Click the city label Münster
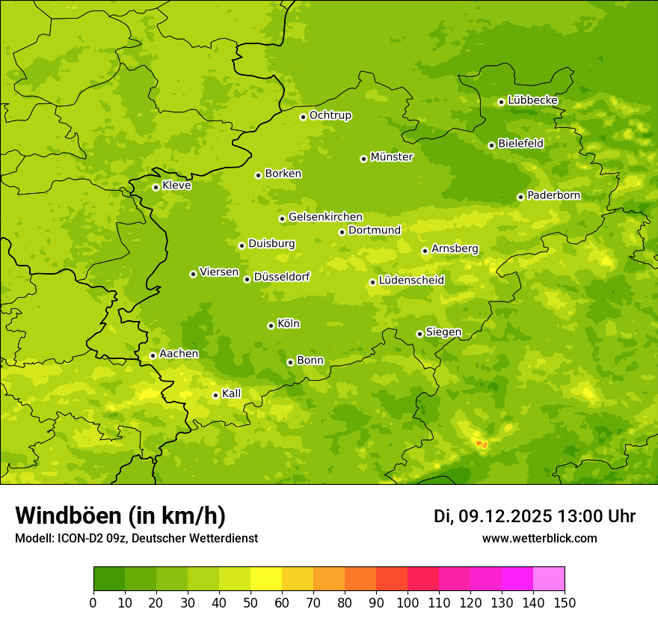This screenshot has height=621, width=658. tap(392, 157)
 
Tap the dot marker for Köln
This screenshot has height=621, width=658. tap(271, 325)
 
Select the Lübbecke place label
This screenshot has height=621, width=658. tap(532, 100)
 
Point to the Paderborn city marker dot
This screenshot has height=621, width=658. tap(520, 197)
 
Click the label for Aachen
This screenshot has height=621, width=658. tap(179, 354)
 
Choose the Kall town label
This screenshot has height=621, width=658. tap(231, 394)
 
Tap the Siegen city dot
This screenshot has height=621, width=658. tap(419, 334)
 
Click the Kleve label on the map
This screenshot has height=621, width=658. tap(176, 186)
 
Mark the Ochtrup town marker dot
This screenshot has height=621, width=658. tap(303, 117)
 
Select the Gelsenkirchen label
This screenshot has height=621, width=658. tap(325, 217)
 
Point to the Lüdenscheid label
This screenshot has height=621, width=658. tap(411, 281)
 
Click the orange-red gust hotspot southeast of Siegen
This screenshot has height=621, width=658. tap(481, 444)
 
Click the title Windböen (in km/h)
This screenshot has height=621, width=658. tap(120, 516)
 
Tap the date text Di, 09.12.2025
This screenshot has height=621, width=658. tap(493, 516)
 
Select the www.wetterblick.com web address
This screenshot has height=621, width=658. tap(539, 539)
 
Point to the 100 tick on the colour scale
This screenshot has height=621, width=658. tap(408, 602)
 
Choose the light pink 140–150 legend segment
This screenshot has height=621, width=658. tap(549, 579)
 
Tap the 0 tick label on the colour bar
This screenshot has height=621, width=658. tap(93, 602)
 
